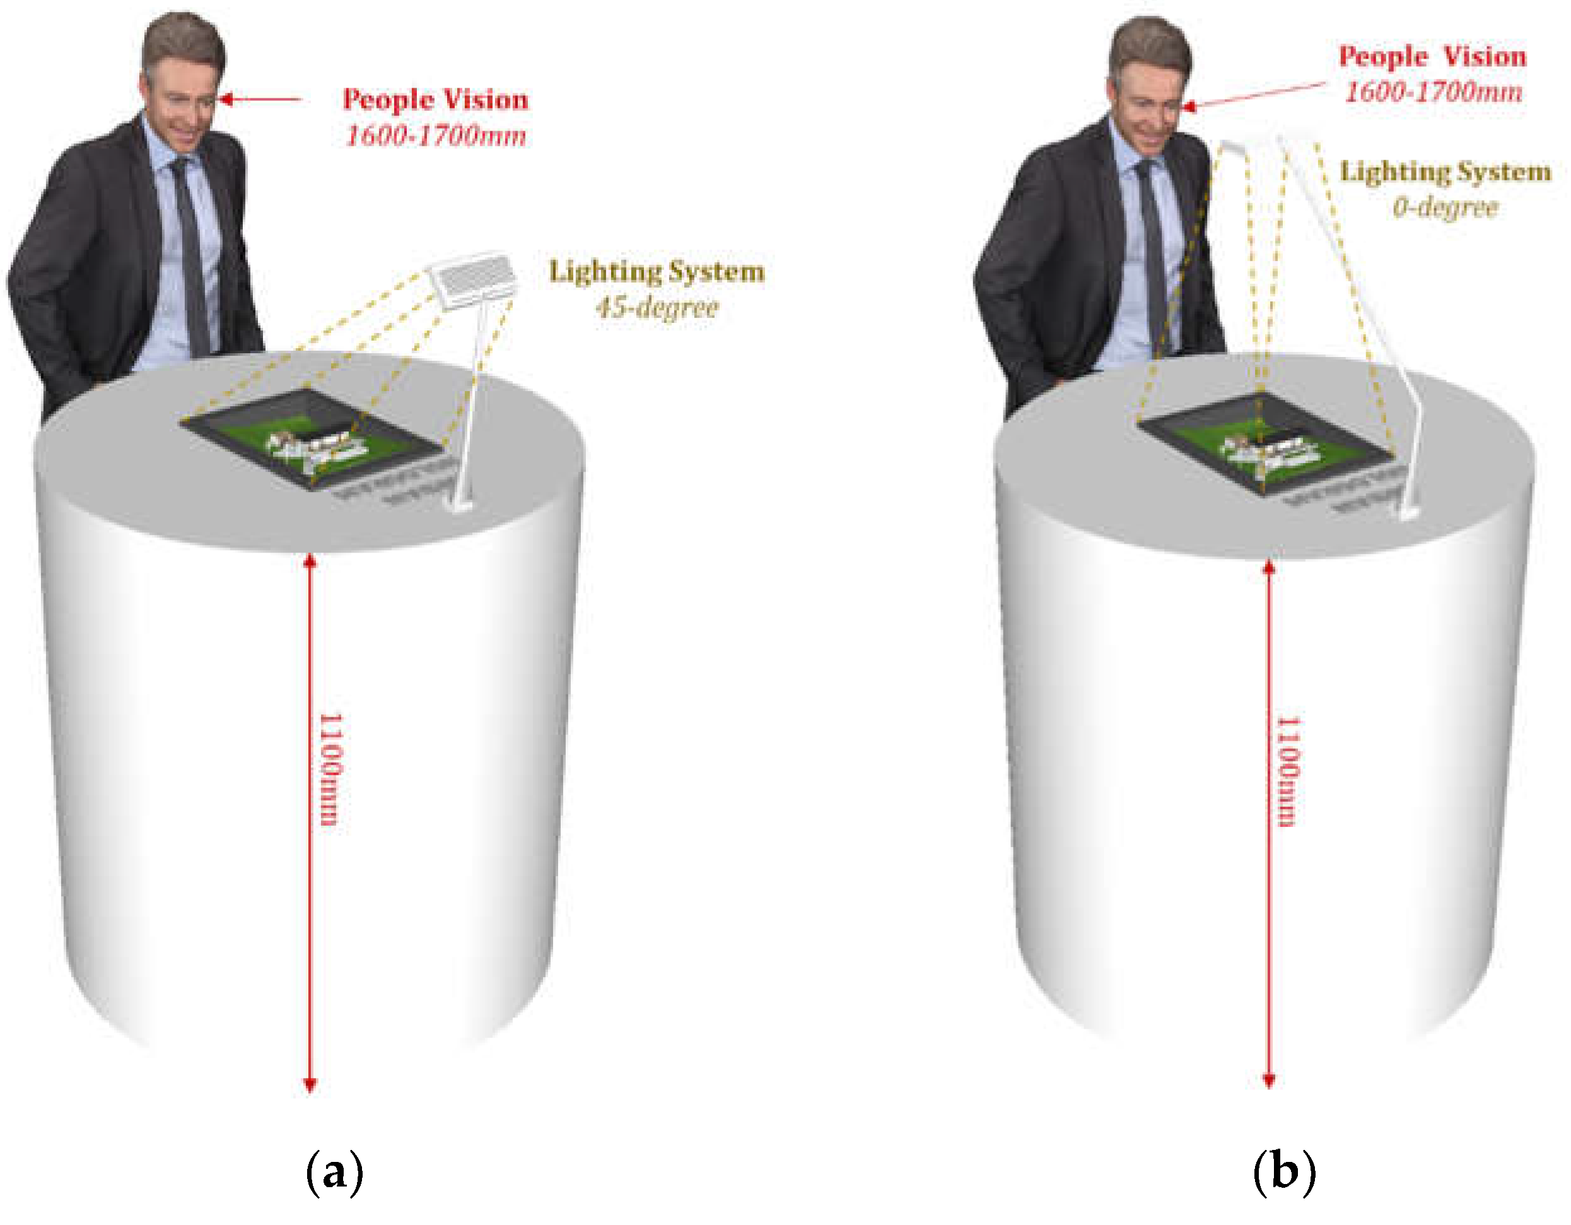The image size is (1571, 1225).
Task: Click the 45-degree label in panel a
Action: tap(657, 308)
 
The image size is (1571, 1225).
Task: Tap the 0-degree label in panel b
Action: tap(1444, 208)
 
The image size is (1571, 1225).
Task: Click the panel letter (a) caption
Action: tap(334, 1173)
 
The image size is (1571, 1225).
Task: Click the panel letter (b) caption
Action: tap(1284, 1173)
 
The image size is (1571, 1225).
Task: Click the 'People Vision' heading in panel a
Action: tap(435, 99)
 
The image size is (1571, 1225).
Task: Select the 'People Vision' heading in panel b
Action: tap(1432, 57)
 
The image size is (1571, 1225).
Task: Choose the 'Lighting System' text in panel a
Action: tap(657, 272)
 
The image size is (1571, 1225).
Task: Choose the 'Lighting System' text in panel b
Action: tap(1444, 172)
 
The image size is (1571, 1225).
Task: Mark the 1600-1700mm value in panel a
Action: tap(435, 135)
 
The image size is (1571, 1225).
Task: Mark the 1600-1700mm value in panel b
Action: tap(1433, 92)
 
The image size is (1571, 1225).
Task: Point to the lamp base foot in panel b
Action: tap(1406, 513)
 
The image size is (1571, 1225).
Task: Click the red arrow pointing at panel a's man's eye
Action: tap(259, 98)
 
